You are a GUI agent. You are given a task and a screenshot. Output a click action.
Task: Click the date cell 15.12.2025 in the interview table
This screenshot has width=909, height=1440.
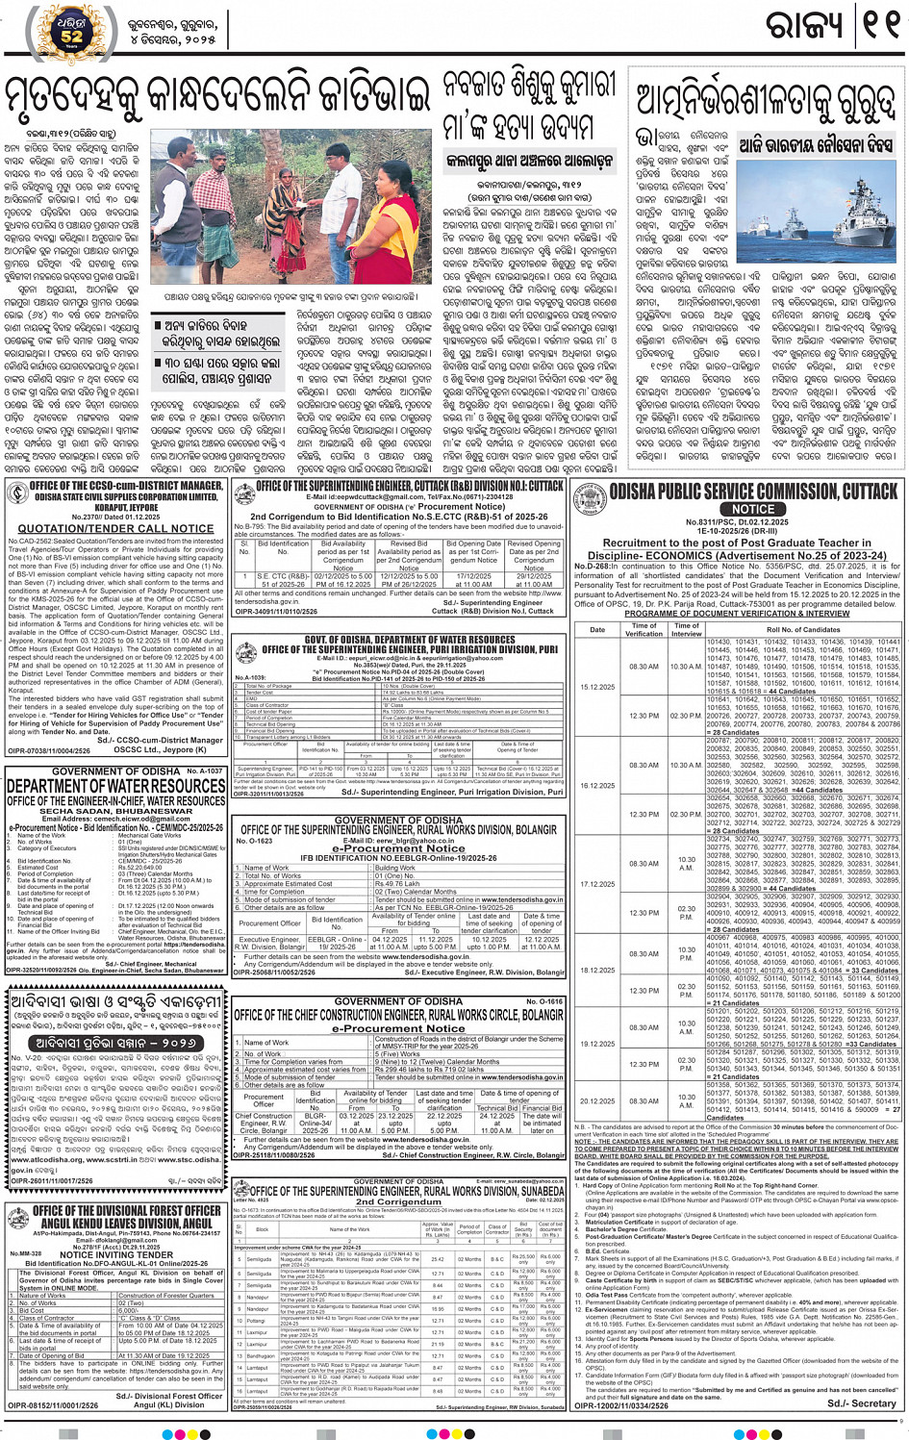pyautogui.click(x=597, y=687)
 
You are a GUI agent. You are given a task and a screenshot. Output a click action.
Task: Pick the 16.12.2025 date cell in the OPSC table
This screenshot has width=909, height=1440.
pyautogui.click(x=597, y=785)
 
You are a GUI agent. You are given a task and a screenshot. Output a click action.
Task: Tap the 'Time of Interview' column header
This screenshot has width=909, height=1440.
pyautogui.click(x=686, y=629)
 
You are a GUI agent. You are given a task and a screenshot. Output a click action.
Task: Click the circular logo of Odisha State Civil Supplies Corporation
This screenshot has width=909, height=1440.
pyautogui.click(x=16, y=493)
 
